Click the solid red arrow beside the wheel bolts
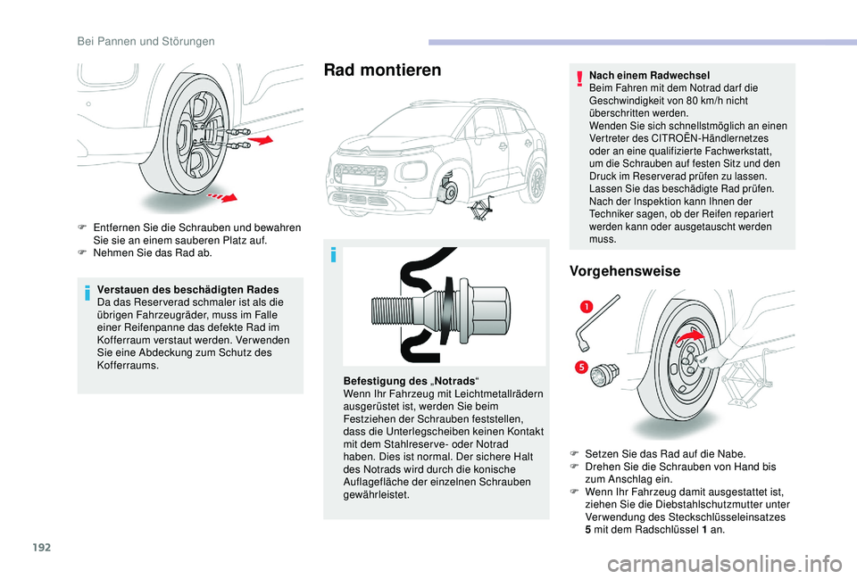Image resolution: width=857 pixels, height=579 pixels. point(260,139)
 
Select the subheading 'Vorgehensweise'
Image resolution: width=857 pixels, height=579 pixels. point(624,270)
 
